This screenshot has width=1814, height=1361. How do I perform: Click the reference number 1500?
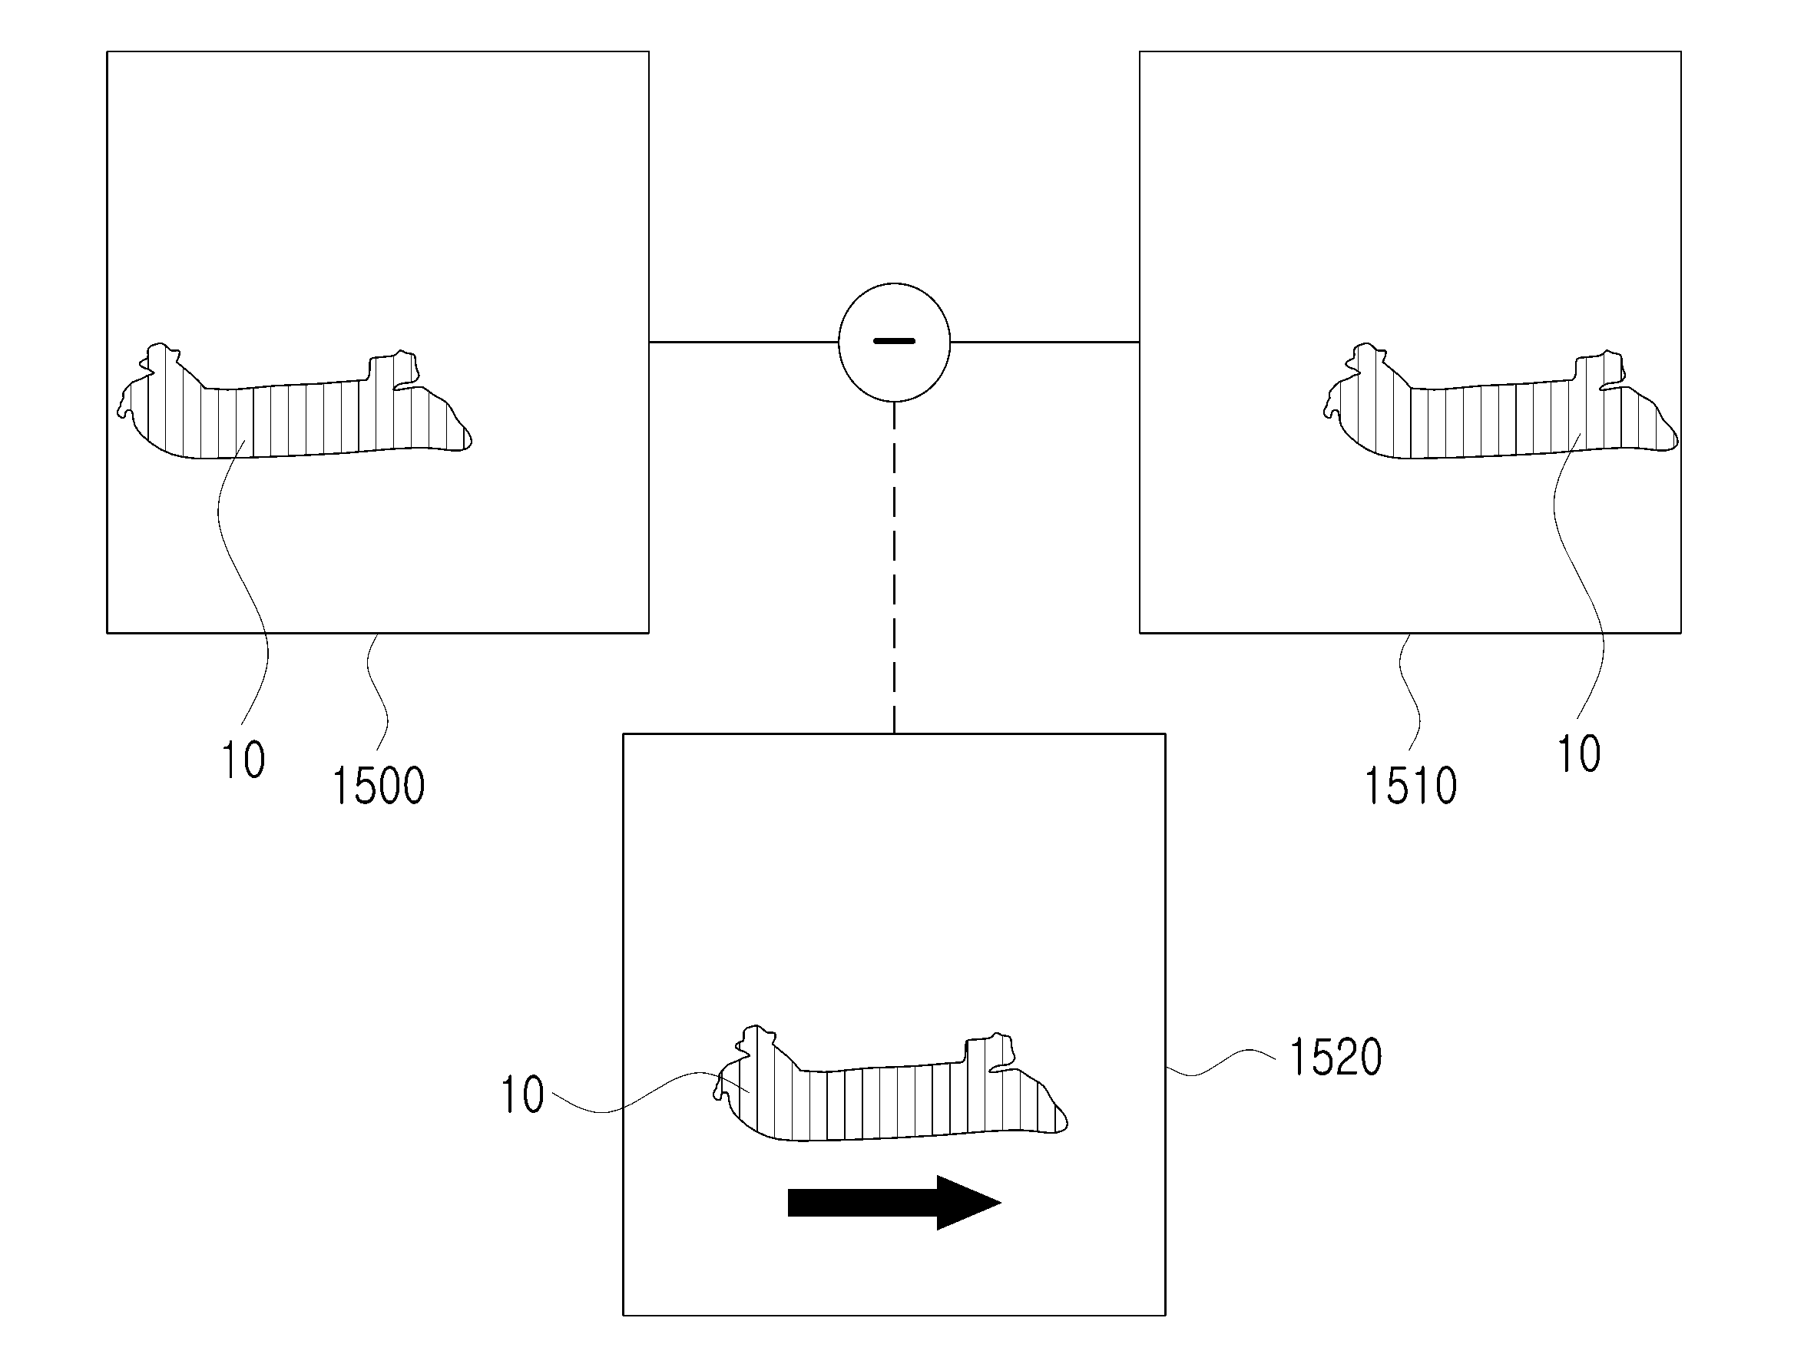click(x=378, y=785)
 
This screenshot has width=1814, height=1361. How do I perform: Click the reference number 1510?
click(x=1410, y=785)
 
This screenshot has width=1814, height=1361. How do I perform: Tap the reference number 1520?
click(x=1336, y=1057)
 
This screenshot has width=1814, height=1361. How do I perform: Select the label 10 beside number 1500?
click(x=243, y=760)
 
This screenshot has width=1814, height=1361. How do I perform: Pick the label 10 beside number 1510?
click(x=1579, y=754)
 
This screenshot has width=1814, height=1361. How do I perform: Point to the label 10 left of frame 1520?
click(x=522, y=1094)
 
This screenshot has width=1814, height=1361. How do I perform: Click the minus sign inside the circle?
click(x=894, y=340)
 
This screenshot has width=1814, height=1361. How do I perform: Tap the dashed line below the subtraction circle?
click(x=894, y=566)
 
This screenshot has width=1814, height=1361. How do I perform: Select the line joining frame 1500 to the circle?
click(x=743, y=341)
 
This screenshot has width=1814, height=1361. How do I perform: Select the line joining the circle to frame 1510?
click(x=1044, y=341)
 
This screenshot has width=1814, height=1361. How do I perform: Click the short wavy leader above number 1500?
click(x=378, y=689)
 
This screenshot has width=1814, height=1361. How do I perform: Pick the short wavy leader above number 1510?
click(x=1410, y=689)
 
